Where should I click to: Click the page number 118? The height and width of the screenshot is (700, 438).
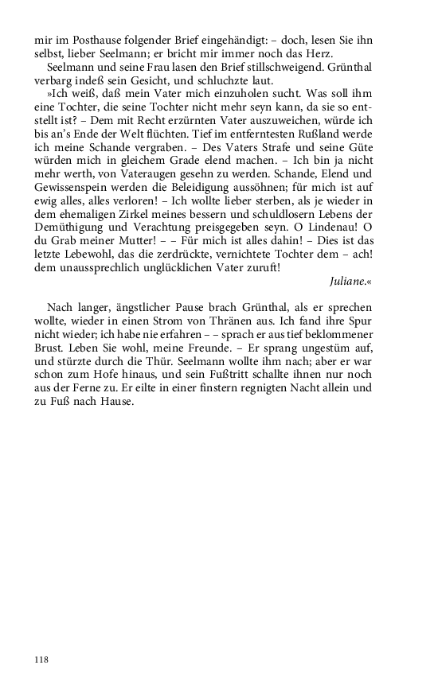[x=41, y=659]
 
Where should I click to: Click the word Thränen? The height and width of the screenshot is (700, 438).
[x=229, y=321]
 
